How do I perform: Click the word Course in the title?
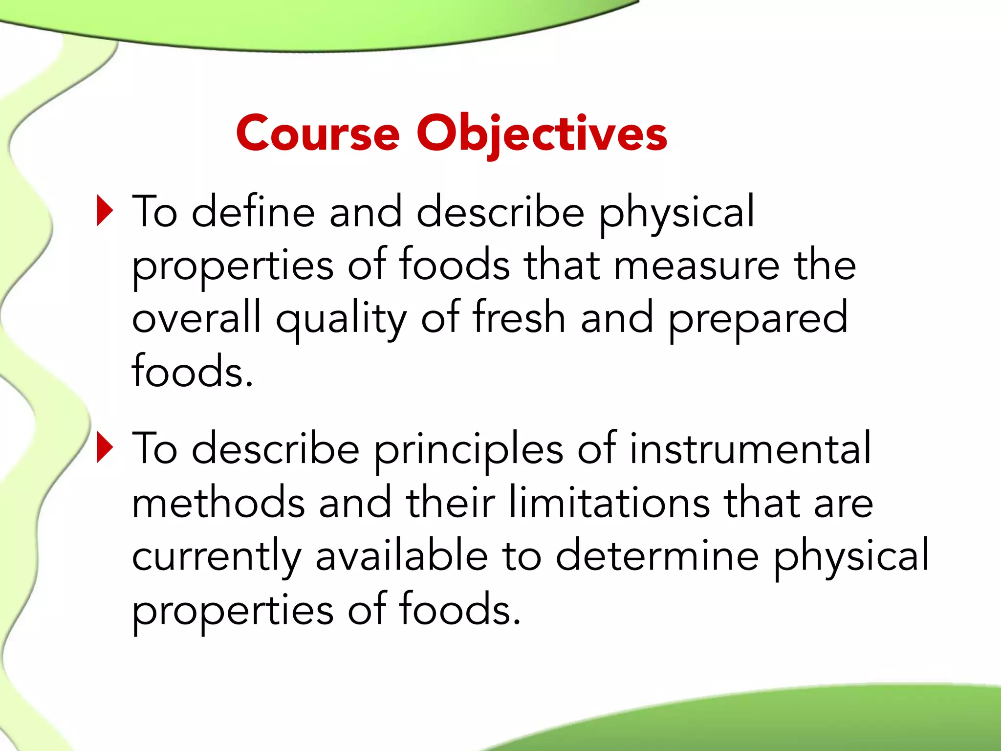point(318,133)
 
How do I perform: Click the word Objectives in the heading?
point(542,133)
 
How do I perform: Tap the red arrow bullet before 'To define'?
point(105,211)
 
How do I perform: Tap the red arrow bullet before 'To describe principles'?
point(105,447)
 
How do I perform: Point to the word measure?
point(696,266)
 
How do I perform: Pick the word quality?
point(341,320)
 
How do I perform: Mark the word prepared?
point(758,320)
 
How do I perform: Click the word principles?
point(469,450)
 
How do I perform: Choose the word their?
point(450,502)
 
